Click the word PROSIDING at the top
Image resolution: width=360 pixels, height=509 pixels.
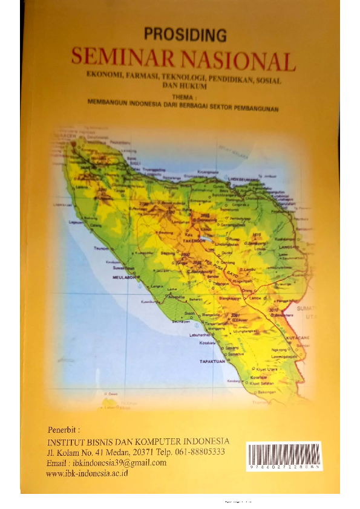point(185,35)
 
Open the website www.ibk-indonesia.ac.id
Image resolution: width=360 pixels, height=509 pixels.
point(87,473)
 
